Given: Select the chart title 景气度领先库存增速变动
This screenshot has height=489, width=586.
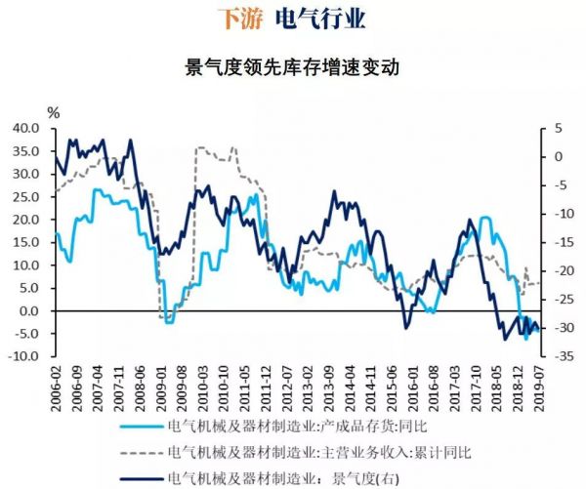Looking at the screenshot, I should (293, 67).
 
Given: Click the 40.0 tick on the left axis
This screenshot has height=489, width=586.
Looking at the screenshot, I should (26, 128).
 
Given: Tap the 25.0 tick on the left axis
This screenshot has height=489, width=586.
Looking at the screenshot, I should (26, 196).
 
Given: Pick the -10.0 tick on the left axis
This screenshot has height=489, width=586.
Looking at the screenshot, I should (24, 356).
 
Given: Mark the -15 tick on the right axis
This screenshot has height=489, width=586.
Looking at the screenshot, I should (561, 242).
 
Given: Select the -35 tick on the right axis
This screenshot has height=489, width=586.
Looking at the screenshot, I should (561, 356).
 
